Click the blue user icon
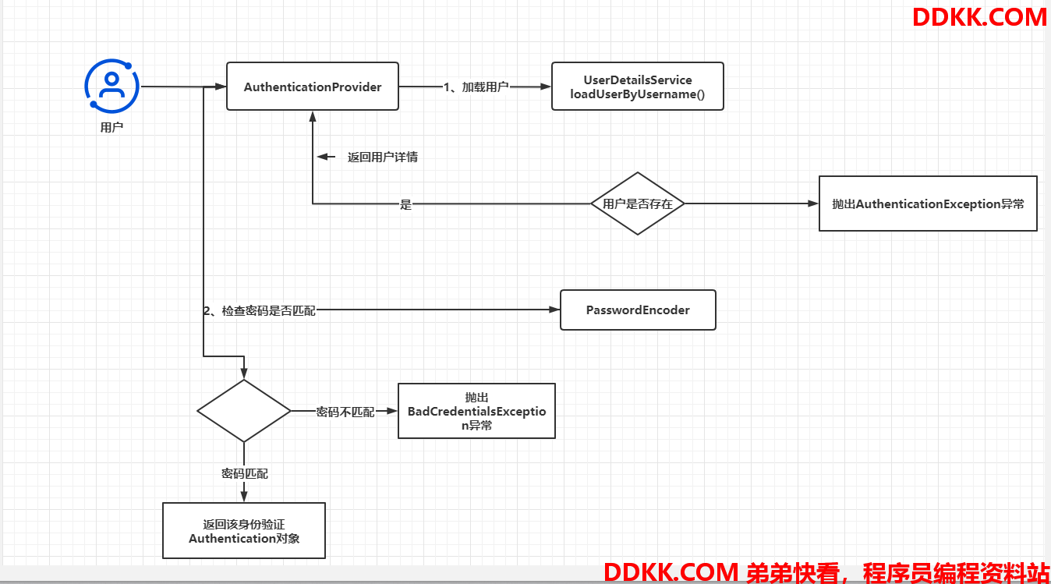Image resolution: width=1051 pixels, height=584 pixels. click(111, 86)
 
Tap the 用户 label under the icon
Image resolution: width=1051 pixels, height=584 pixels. click(111, 127)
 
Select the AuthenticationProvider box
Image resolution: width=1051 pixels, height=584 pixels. click(313, 87)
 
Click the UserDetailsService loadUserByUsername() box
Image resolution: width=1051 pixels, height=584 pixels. click(638, 87)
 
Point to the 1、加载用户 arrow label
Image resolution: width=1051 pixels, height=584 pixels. click(476, 87)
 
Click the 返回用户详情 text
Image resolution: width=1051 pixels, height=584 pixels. click(382, 157)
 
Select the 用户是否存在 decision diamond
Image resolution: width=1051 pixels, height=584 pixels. click(638, 204)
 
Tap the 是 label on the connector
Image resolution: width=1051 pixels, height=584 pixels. click(405, 204)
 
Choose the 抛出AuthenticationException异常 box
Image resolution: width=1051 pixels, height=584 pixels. click(928, 204)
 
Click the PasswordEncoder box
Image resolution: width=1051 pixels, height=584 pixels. click(638, 310)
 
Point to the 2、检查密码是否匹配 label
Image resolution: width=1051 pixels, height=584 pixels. click(260, 310)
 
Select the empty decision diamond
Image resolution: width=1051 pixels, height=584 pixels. click(244, 411)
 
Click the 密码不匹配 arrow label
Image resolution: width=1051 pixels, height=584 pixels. click(345, 412)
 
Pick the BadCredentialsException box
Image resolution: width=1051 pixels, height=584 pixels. click(476, 411)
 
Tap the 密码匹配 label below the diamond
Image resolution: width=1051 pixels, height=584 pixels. click(245, 473)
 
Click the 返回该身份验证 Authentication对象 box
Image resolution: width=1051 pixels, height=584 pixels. click(244, 530)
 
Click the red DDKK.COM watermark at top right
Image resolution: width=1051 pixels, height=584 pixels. click(980, 17)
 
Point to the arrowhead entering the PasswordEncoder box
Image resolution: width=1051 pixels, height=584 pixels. click(554, 310)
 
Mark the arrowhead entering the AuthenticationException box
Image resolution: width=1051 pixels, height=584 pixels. click(813, 204)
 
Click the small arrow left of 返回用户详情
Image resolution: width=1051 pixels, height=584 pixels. click(326, 157)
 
